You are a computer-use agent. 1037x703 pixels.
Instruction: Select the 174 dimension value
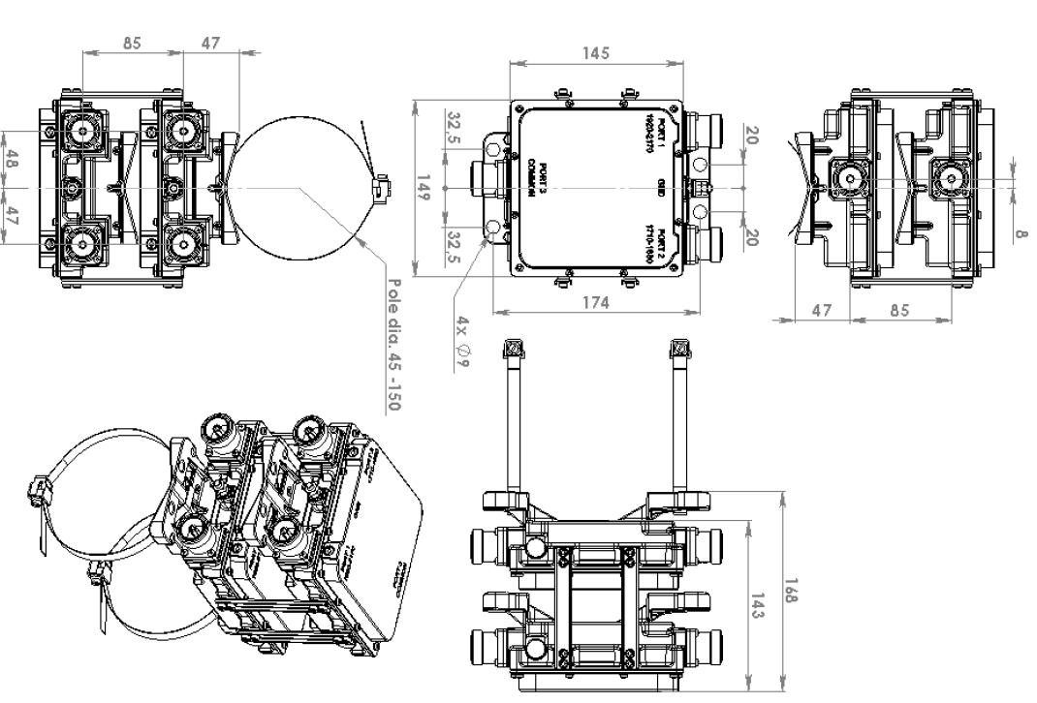(595, 302)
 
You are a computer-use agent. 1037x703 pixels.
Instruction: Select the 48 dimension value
(12, 160)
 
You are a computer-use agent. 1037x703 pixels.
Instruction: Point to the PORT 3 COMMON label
(539, 179)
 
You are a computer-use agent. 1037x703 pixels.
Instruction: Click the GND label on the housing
(660, 185)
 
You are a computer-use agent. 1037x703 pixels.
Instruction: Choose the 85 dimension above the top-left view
(133, 43)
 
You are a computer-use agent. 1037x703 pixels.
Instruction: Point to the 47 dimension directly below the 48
(12, 216)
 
